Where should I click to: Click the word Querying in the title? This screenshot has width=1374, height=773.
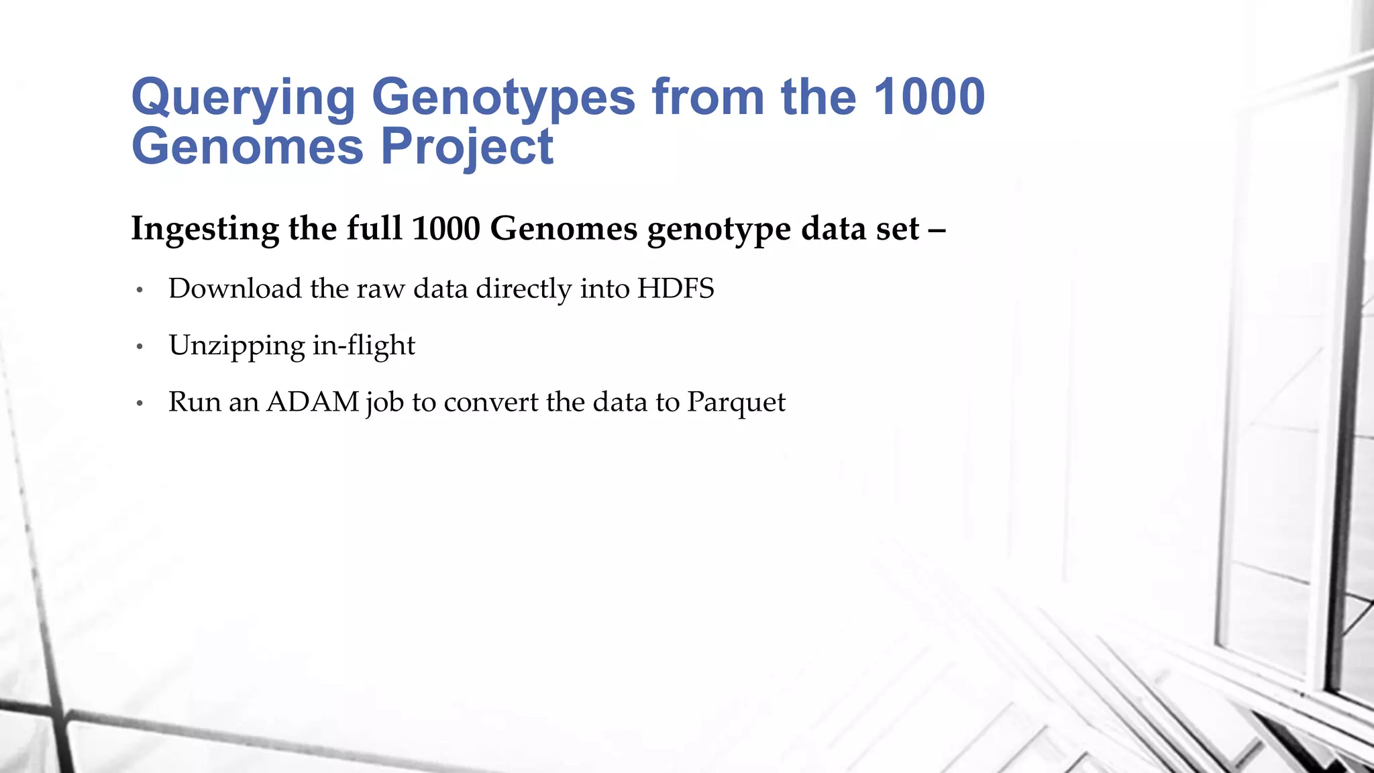pyautogui.click(x=243, y=99)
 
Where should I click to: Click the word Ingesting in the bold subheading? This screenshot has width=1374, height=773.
pyautogui.click(x=205, y=229)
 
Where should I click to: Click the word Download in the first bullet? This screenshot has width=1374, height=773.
pyautogui.click(x=235, y=289)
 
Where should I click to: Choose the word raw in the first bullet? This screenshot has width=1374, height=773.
pyautogui.click(x=380, y=289)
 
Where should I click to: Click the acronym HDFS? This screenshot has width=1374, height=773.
pyautogui.click(x=676, y=289)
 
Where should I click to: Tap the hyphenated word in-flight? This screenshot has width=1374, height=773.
pyautogui.click(x=364, y=346)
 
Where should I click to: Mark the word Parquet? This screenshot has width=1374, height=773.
pyautogui.click(x=736, y=403)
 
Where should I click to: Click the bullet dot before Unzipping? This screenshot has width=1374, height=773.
pyautogui.click(x=140, y=347)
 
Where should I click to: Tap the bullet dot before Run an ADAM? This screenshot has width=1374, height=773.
pyautogui.click(x=140, y=403)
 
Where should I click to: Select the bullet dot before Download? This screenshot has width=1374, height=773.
pyautogui.click(x=140, y=290)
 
